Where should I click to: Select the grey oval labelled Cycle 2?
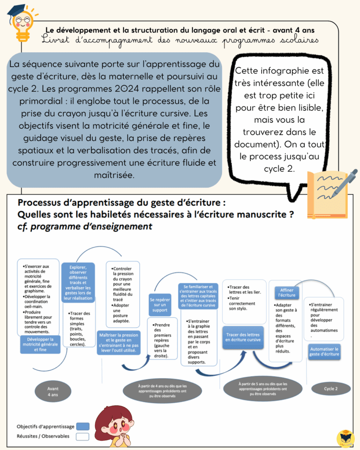(x=331, y=388)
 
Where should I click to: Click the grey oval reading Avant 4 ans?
(x=53, y=392)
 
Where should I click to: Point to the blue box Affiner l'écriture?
(x=287, y=292)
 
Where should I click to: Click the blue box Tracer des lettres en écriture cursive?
(x=243, y=337)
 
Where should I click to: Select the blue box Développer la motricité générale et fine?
(x=40, y=344)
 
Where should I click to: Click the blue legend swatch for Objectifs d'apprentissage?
(x=83, y=426)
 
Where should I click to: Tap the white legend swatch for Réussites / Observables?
(x=83, y=436)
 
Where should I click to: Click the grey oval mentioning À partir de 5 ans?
(x=262, y=388)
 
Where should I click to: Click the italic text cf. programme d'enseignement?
(x=85, y=227)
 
